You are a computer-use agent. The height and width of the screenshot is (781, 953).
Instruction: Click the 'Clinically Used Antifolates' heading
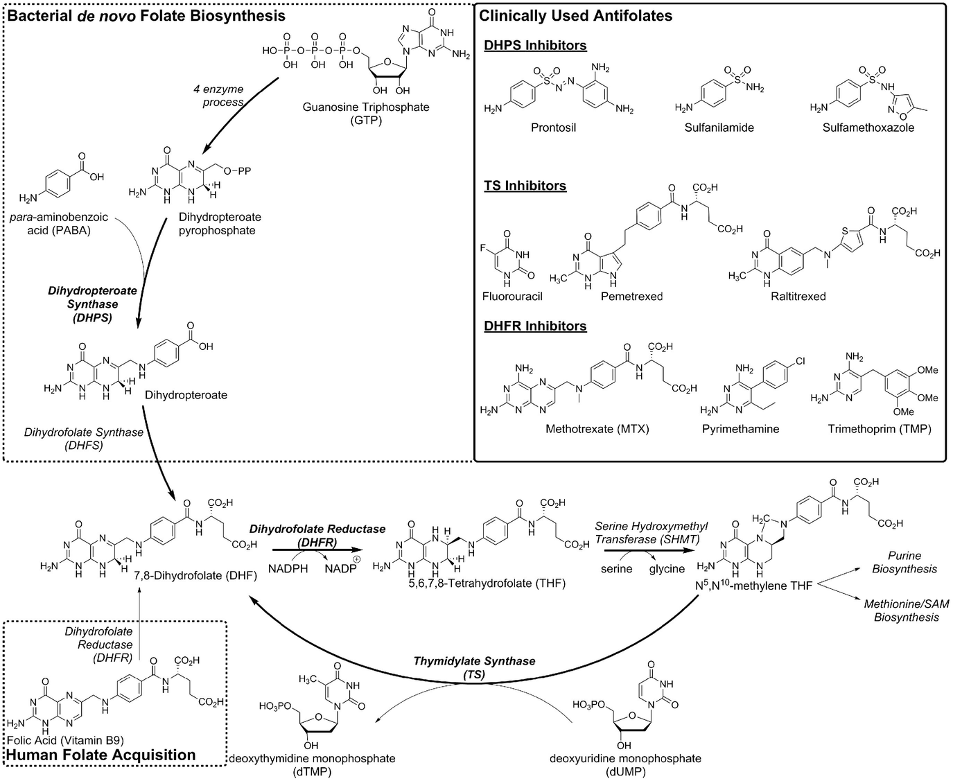pos(575,15)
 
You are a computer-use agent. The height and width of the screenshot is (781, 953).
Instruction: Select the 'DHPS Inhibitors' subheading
pos(535,46)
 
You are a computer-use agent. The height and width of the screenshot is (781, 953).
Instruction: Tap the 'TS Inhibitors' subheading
pos(525,186)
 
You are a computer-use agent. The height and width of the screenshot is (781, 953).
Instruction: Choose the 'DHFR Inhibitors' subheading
pos(535,326)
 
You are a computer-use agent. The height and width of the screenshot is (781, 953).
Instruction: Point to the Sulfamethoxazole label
pos(868,128)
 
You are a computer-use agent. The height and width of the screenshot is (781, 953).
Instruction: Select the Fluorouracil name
pos(512,296)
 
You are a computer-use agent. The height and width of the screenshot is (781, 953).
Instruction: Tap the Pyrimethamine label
pos(740,429)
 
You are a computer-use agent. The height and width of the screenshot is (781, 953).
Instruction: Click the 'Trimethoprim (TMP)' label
pos(879,429)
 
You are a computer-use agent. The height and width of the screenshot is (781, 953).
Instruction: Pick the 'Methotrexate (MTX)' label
pos(597,429)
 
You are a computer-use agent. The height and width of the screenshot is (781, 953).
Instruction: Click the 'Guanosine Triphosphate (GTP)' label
pos(366,114)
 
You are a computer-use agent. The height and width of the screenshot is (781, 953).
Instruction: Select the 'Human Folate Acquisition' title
pos(101,755)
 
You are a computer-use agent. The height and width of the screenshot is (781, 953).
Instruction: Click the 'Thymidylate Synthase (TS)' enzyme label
pos(474,667)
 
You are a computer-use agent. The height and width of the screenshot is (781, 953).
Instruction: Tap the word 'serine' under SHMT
pos(616,568)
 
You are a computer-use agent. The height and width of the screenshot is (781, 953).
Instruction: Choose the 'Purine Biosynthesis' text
pos(905,562)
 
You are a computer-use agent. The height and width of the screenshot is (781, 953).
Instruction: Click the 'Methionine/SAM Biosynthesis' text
pos(906,611)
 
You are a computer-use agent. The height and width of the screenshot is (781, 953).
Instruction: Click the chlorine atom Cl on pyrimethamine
pos(800,361)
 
